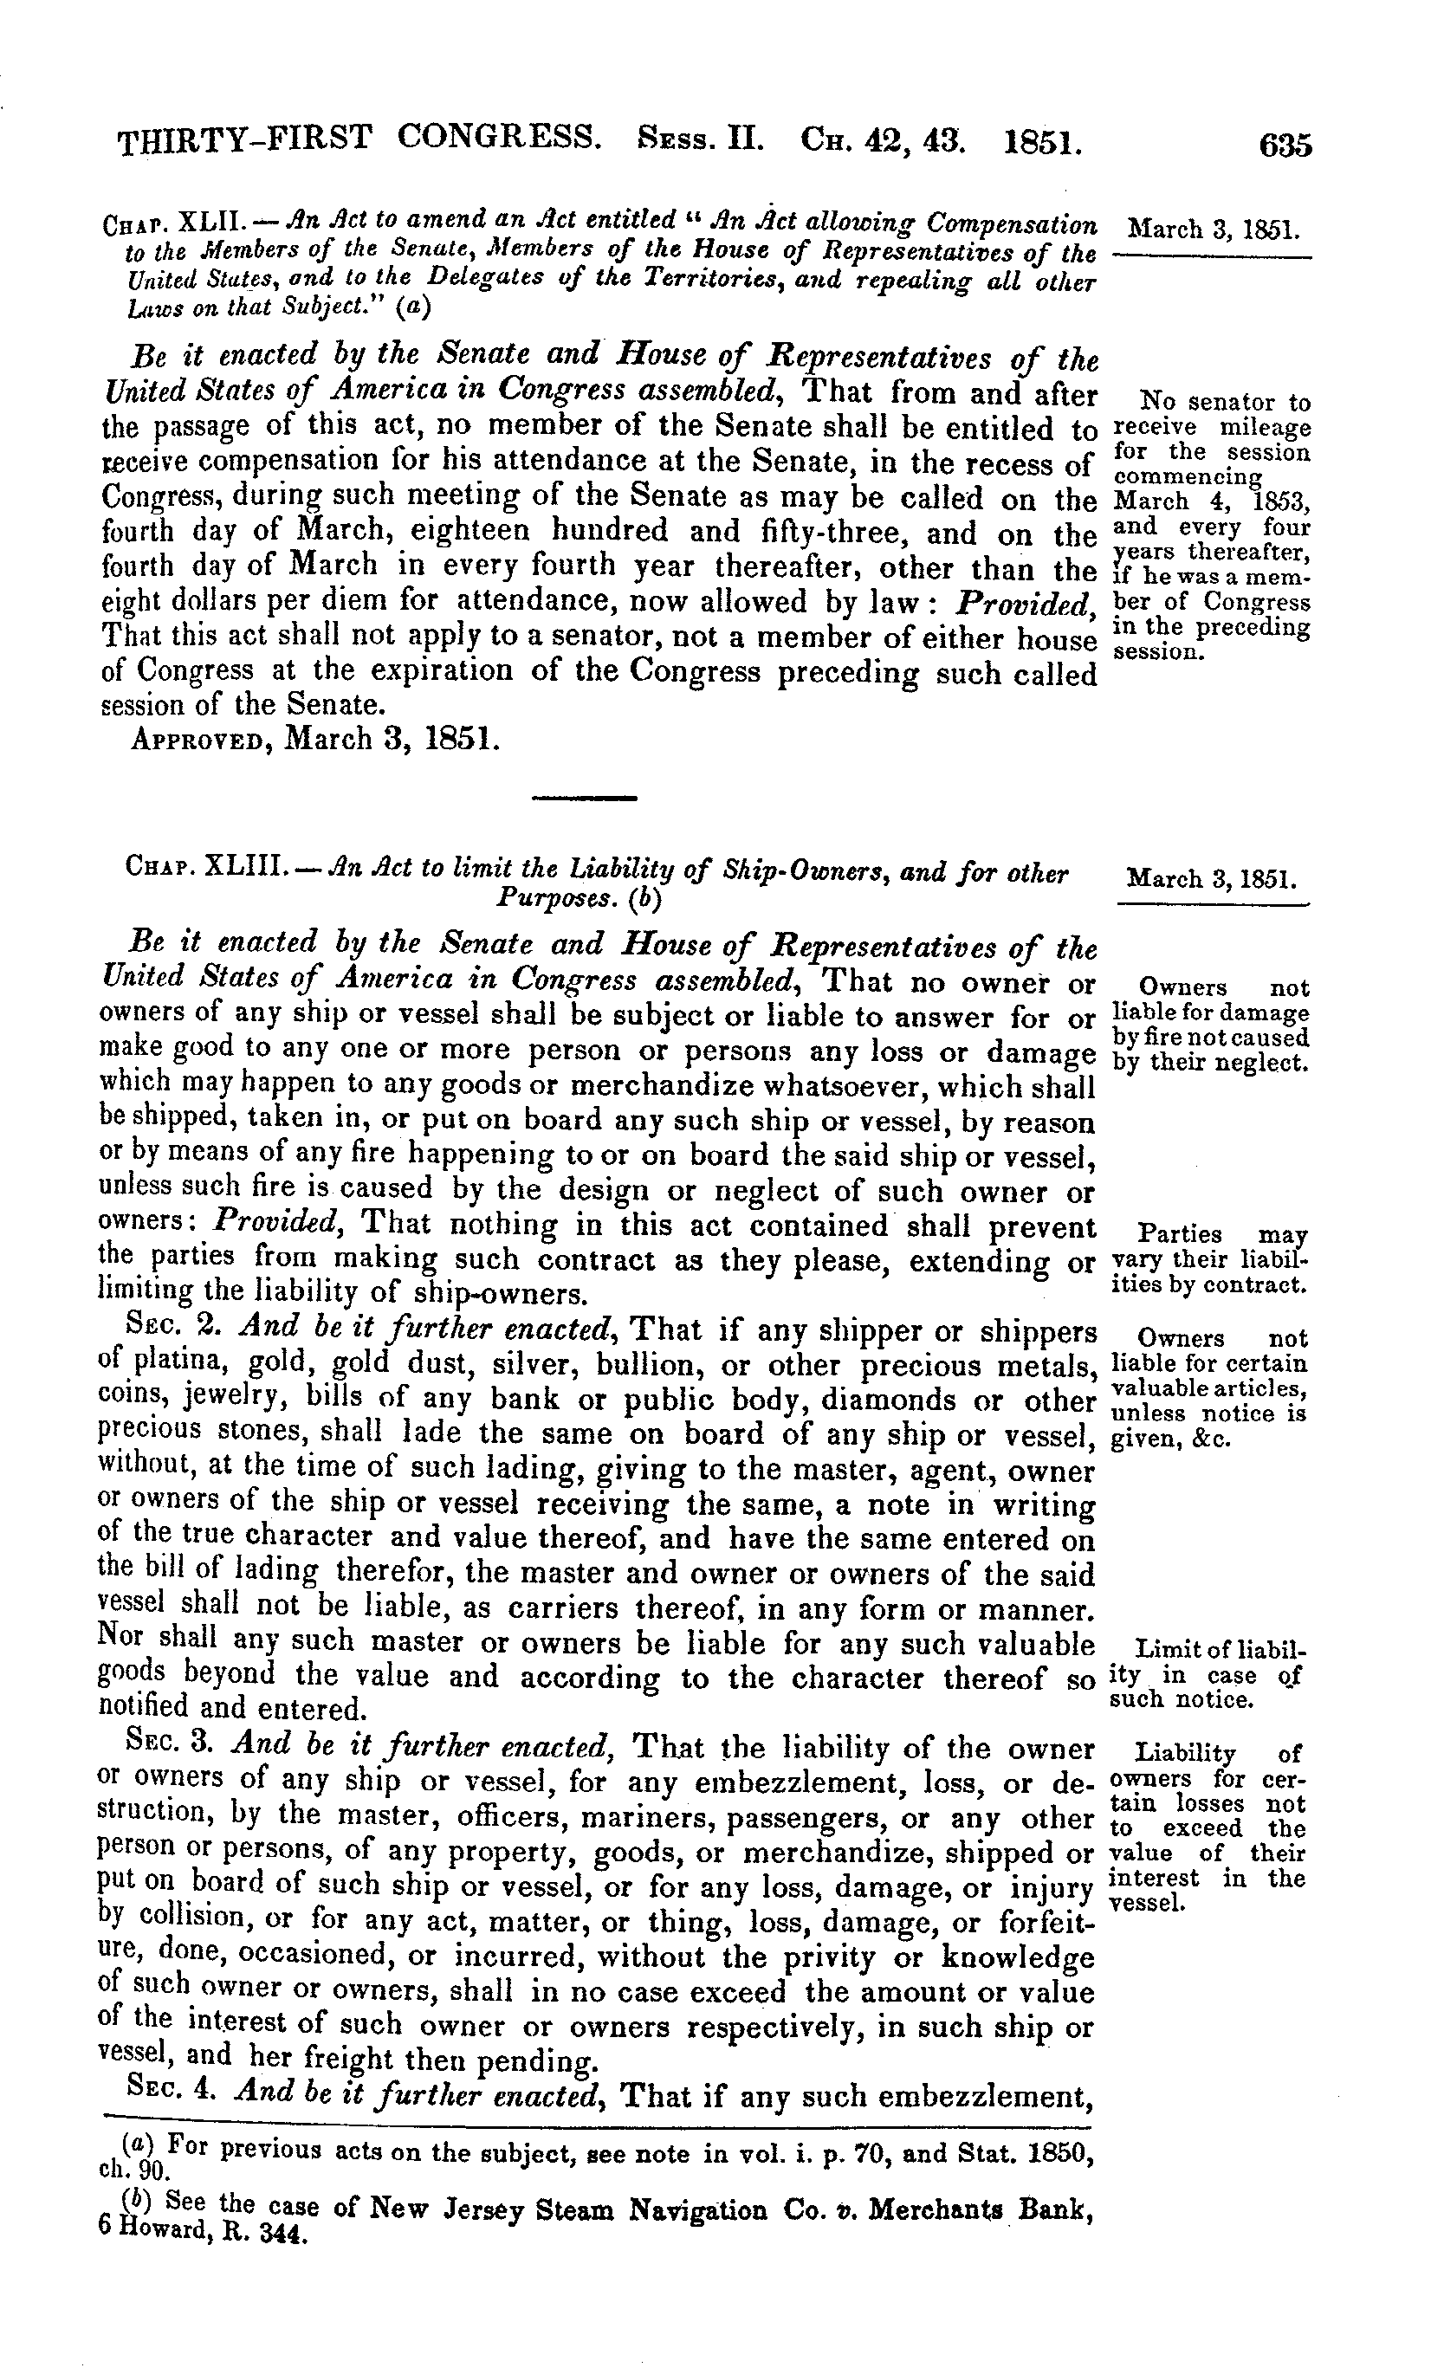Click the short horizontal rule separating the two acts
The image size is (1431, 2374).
pos(585,798)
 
